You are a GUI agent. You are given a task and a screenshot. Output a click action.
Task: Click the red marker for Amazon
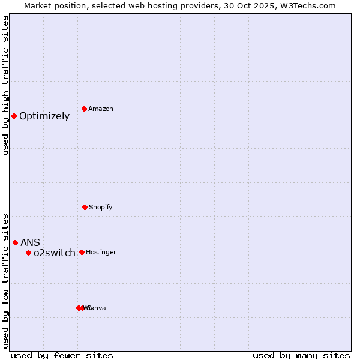point(84,109)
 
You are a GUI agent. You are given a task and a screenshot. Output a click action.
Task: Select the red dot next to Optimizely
point(14,116)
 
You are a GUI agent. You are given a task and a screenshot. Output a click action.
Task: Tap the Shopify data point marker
point(85,207)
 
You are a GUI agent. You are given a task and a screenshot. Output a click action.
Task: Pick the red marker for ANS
point(16,242)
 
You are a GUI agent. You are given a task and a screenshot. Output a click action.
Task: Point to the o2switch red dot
point(28,253)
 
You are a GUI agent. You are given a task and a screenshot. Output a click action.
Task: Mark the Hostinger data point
point(82,252)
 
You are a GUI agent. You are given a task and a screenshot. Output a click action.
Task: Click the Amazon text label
point(101,109)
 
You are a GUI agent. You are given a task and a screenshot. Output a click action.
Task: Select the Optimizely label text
point(44,116)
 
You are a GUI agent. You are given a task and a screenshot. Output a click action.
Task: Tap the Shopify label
point(101,207)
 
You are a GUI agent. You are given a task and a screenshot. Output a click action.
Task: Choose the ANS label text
point(30,242)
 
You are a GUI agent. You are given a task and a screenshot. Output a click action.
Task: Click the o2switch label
point(55,253)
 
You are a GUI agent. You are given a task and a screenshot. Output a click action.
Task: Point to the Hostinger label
point(101,252)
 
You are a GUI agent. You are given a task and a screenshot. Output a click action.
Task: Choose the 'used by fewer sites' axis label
point(62,356)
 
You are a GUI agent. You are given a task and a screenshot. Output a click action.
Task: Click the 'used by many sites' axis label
point(301,356)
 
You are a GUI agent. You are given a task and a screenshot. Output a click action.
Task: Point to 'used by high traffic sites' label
point(6,85)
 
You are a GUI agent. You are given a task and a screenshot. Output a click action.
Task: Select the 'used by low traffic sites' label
point(6,281)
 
